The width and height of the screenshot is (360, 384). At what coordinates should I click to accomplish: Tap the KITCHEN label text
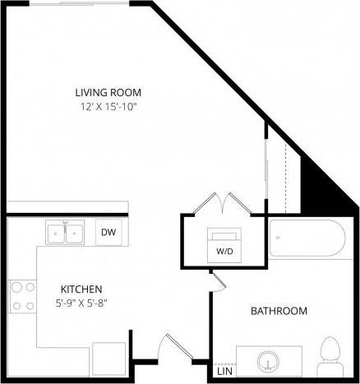tap(81, 289)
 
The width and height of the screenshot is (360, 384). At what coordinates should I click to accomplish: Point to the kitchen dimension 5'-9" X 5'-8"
tap(81, 303)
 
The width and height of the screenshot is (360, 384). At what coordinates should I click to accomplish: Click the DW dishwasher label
tap(108, 233)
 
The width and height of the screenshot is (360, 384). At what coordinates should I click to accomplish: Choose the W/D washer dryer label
tap(224, 249)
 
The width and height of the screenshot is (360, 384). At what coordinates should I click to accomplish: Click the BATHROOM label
tap(279, 311)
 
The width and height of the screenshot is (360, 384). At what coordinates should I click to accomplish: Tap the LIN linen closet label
tap(224, 372)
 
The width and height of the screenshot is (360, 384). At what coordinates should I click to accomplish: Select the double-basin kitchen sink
tap(66, 234)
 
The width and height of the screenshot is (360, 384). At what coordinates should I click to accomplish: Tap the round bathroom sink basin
tap(269, 360)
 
